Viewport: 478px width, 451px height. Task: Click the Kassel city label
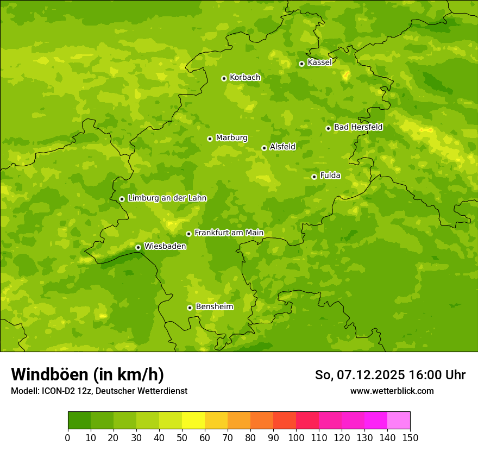(x=319, y=62)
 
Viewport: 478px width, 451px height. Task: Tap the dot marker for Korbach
(x=224, y=78)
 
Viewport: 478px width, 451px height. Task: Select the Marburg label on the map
(x=231, y=138)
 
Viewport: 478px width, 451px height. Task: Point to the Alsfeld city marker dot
(x=264, y=148)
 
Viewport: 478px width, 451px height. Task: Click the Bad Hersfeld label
(x=358, y=127)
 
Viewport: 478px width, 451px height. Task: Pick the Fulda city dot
(x=314, y=177)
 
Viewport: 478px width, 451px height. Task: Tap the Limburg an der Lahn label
(x=167, y=198)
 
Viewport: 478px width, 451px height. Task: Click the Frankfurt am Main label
(x=229, y=233)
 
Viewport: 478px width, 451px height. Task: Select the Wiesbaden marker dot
(x=138, y=247)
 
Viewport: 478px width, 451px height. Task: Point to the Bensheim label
(x=214, y=306)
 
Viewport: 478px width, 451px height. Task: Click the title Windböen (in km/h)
(x=87, y=374)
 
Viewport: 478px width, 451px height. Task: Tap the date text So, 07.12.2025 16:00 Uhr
(x=390, y=375)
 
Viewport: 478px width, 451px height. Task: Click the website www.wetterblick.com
(x=392, y=391)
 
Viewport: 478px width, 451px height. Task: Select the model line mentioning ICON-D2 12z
(x=99, y=391)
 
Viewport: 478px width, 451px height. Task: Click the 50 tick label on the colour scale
(x=182, y=437)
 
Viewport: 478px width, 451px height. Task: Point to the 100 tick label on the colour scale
(x=296, y=437)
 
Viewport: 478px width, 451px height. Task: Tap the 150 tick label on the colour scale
(x=410, y=437)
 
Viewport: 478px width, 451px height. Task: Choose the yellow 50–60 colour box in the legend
(x=193, y=420)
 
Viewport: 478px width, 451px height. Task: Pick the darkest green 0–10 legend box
(x=79, y=420)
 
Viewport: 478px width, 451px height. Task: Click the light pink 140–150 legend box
(x=399, y=420)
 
